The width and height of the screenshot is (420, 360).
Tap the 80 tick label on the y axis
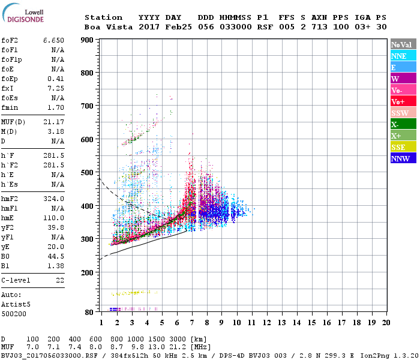click(89, 313)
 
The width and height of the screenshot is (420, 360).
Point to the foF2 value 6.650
click(53, 40)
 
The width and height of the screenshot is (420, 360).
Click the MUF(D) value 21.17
click(53, 122)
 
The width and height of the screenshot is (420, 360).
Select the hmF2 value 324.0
click(53, 199)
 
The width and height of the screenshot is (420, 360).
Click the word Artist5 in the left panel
click(14, 304)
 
